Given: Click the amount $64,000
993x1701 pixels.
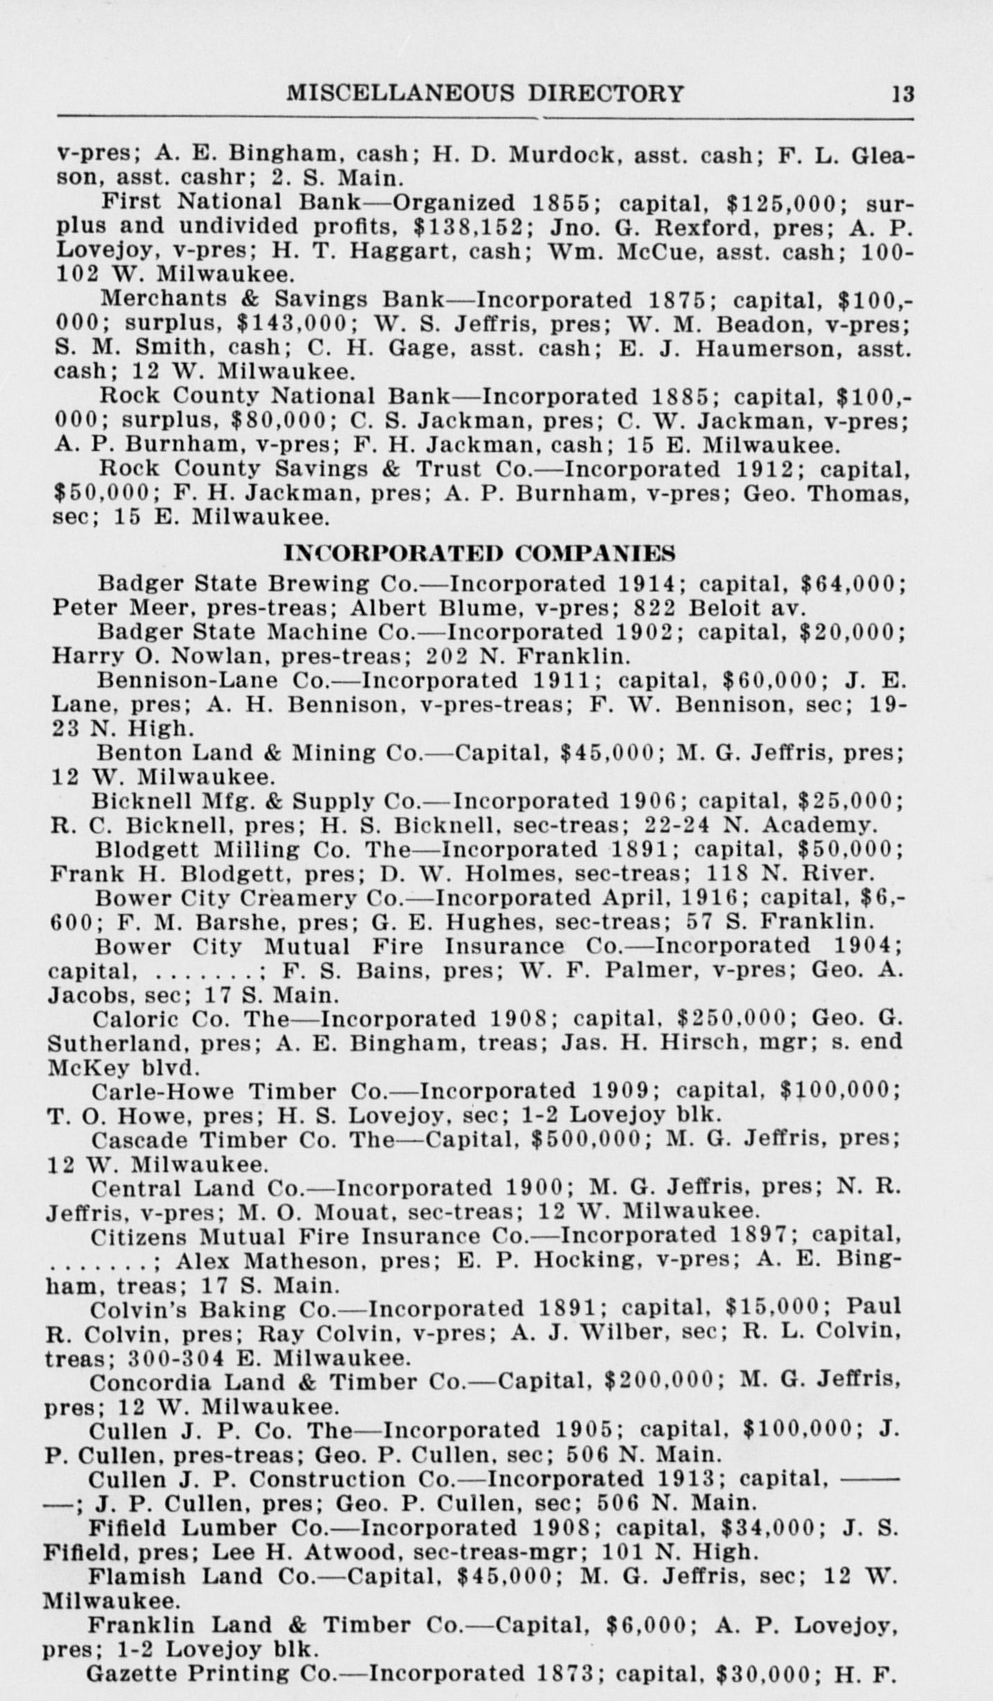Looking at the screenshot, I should [852, 584].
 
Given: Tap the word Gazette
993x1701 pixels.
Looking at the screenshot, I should [130, 1673].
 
